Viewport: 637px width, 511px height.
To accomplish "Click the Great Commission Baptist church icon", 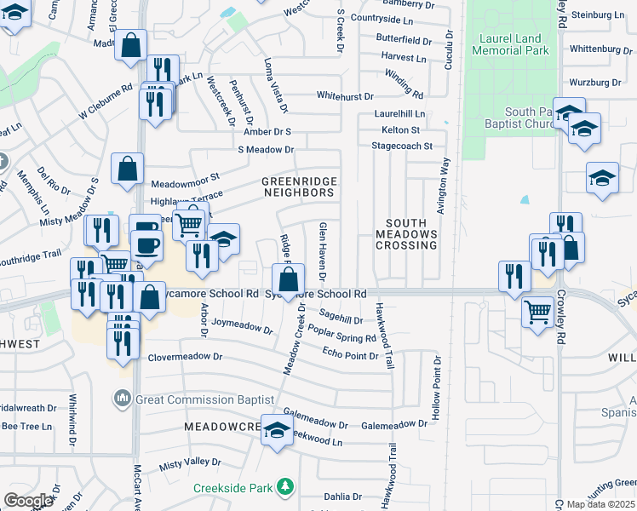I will pyautogui.click(x=122, y=398).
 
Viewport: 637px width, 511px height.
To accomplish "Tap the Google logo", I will pyautogui.click(x=28, y=501).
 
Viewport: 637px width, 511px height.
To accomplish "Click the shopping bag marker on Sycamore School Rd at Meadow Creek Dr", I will pyautogui.click(x=289, y=278).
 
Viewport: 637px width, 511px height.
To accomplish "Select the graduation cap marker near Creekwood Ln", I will pyautogui.click(x=277, y=431).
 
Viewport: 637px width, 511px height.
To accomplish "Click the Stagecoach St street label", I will pyautogui.click(x=402, y=146).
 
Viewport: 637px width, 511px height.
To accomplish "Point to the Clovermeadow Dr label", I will pyautogui.click(x=185, y=358).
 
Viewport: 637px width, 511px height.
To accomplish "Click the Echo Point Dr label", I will pyautogui.click(x=350, y=354).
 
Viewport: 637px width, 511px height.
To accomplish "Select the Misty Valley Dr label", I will pyautogui.click(x=190, y=462).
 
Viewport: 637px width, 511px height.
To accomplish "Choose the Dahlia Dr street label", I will pyautogui.click(x=343, y=496).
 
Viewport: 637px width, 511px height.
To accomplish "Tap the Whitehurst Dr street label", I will pyautogui.click(x=345, y=96).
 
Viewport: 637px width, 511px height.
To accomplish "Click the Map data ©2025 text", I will pyautogui.click(x=600, y=504).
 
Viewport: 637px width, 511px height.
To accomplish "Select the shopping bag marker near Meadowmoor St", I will pyautogui.click(x=127, y=169).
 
